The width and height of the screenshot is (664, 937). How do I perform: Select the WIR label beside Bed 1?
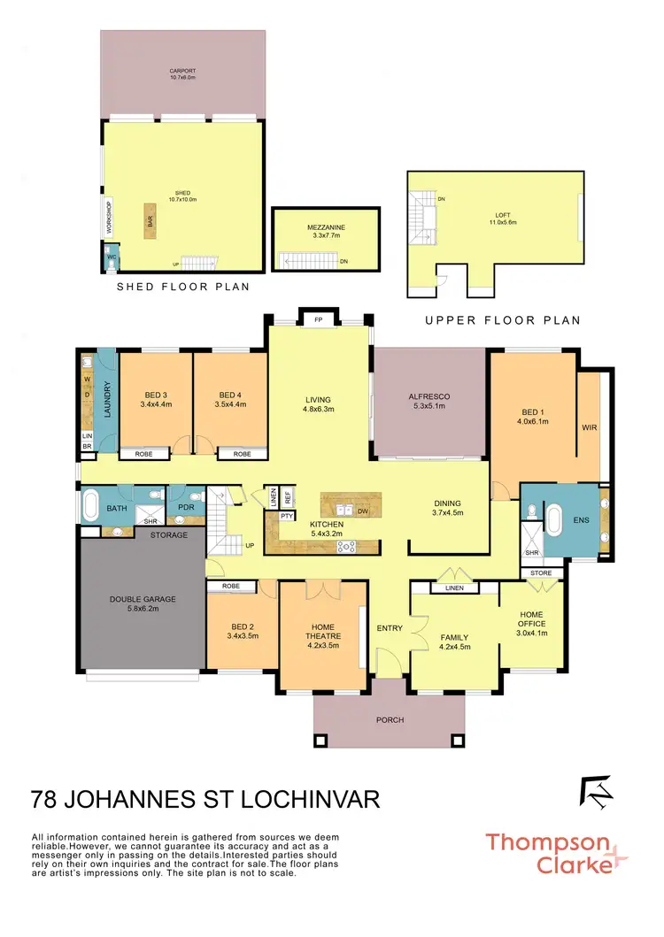(x=590, y=427)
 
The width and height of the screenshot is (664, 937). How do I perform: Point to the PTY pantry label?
(x=287, y=515)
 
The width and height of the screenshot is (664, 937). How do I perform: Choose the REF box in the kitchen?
(x=288, y=497)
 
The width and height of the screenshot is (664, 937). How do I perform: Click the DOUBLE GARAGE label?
(x=142, y=604)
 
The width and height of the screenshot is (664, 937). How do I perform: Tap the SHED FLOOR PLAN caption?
(x=183, y=287)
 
